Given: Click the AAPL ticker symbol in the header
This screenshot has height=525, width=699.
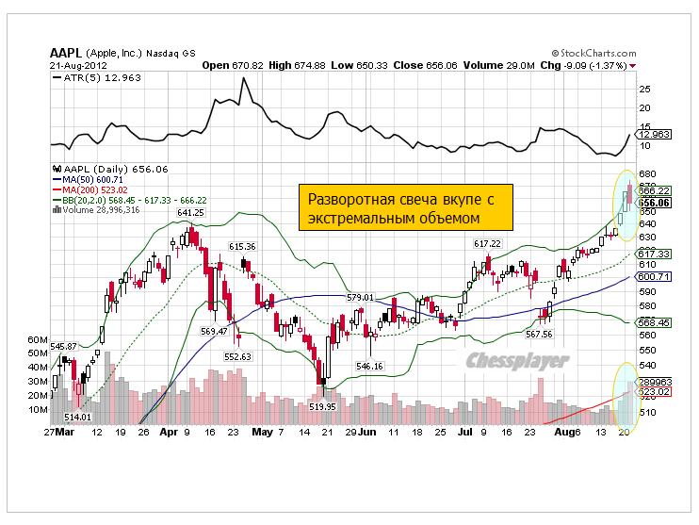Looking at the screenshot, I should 66,54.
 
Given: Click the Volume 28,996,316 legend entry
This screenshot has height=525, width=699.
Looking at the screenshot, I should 96,208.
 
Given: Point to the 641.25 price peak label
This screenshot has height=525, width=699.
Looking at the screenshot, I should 190,213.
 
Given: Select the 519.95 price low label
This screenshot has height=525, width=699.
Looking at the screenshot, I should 322,405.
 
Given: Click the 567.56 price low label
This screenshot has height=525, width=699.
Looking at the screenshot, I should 539,334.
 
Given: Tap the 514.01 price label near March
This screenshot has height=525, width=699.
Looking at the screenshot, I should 76,417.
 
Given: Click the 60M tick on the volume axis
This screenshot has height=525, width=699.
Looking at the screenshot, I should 38,338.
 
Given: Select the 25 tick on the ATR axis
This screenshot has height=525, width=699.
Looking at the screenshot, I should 644,90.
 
